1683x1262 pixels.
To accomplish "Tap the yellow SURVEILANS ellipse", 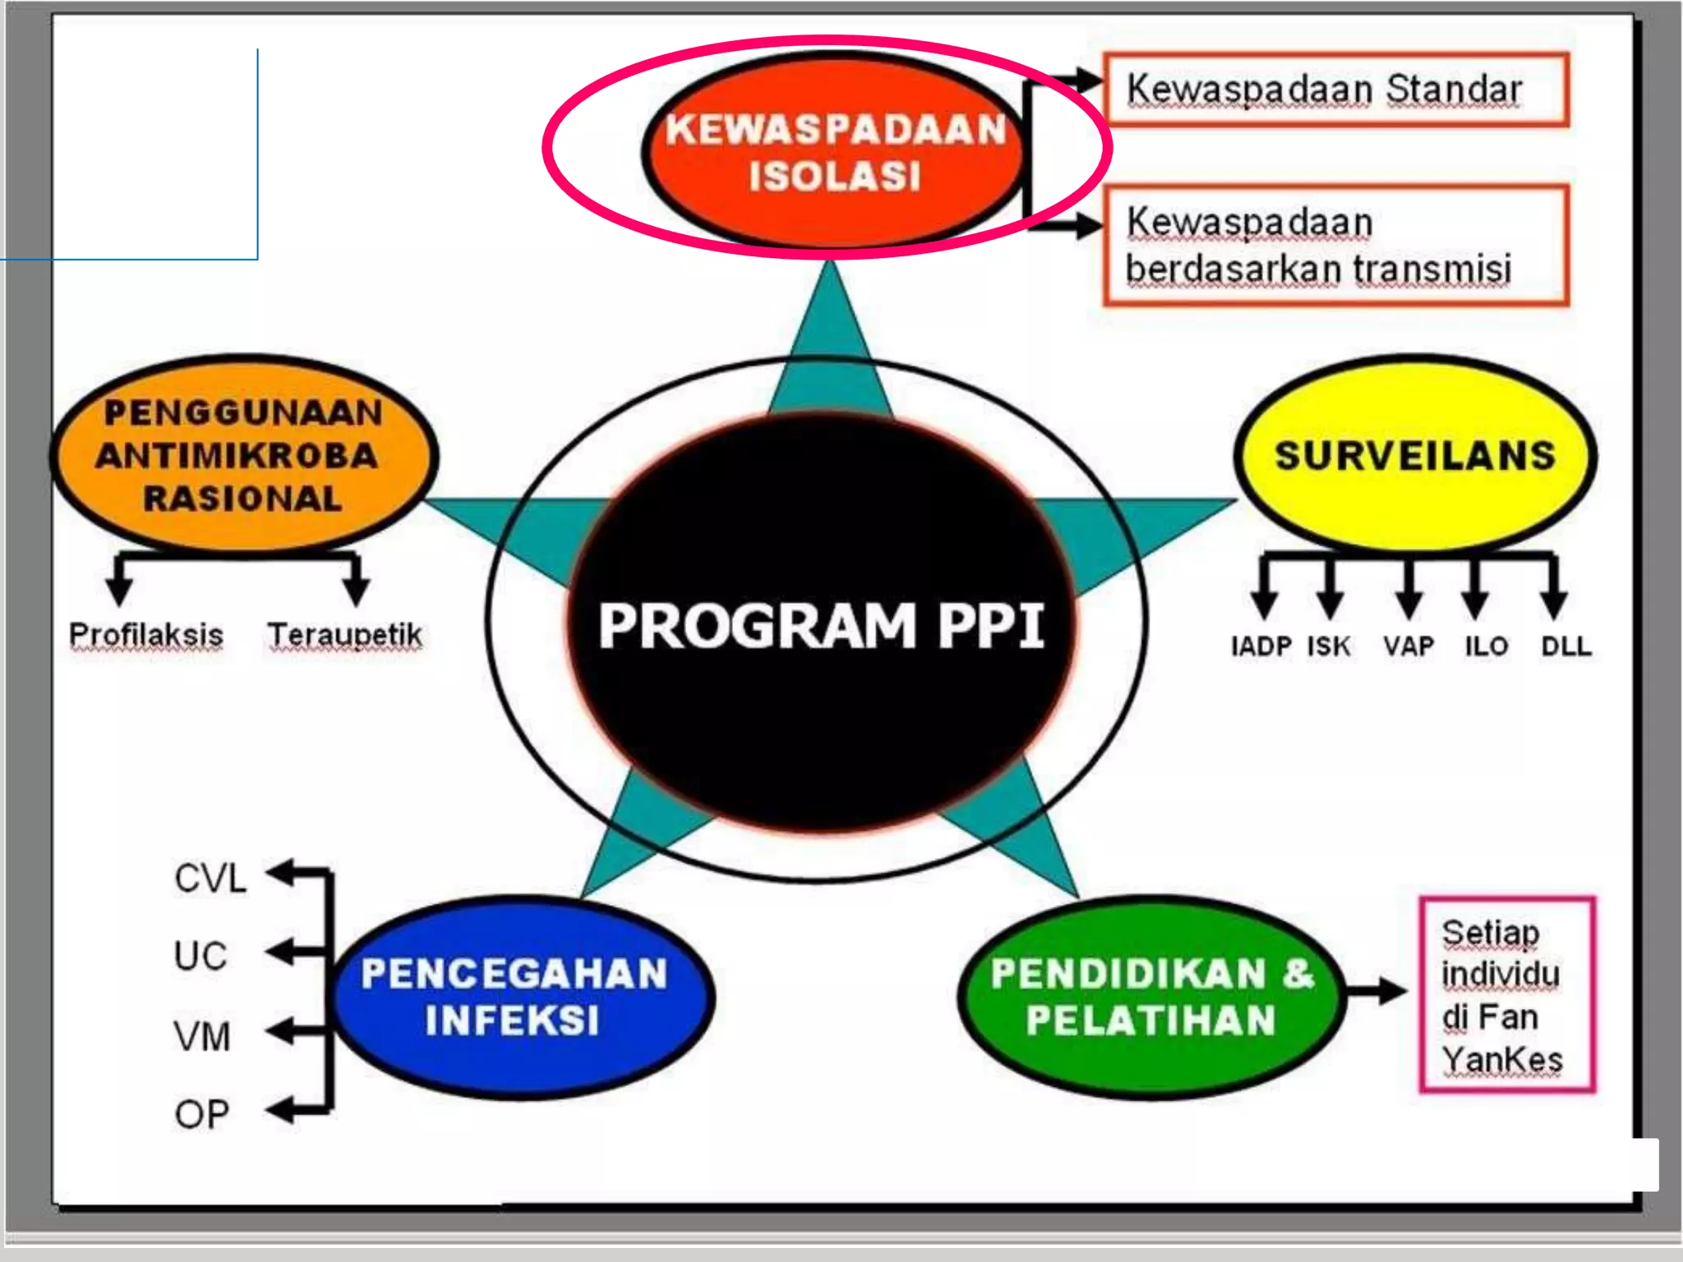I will [1415, 454].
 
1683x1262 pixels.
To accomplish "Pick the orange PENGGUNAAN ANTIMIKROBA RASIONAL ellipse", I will [243, 456].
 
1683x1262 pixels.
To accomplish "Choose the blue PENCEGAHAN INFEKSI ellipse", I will [523, 996].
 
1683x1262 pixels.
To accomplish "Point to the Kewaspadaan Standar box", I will [1335, 90].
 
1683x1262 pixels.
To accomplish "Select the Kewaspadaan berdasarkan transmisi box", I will [1335, 246].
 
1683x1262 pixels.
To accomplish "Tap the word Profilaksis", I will [146, 635].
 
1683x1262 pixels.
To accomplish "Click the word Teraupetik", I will [344, 635].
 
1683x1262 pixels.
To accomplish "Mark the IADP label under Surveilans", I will [1261, 647].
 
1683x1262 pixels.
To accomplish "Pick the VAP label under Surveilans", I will [1408, 647].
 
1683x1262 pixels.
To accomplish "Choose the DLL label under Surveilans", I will [1565, 647].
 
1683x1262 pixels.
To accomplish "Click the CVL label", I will [210, 878].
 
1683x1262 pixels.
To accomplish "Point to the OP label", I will [201, 1114].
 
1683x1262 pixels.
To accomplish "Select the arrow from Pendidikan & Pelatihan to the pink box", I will [1376, 992].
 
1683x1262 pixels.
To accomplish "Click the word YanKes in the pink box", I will [1502, 1060].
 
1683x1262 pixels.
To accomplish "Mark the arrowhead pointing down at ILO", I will [1475, 605].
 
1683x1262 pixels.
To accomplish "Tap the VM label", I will [201, 1036].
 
